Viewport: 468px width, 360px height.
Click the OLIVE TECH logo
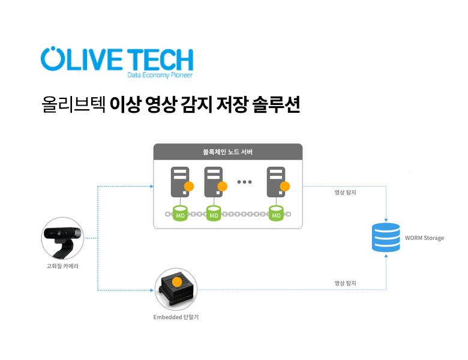tap(117, 59)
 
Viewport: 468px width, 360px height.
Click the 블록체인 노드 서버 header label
tap(228, 152)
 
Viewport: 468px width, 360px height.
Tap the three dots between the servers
tap(245, 181)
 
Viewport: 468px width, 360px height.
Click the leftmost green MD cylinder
tap(180, 214)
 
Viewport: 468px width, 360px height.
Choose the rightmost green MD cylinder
tap(276, 214)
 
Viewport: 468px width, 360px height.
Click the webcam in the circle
tap(62, 238)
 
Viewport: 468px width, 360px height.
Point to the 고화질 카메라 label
tap(62, 266)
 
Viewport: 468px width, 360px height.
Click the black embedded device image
tap(176, 289)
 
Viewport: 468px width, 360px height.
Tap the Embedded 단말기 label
tap(176, 316)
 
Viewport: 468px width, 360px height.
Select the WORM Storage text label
tap(425, 238)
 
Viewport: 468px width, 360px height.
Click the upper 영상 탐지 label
tap(346, 193)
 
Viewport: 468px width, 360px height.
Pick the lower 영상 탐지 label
tap(346, 283)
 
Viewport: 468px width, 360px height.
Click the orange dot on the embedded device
tap(177, 280)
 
